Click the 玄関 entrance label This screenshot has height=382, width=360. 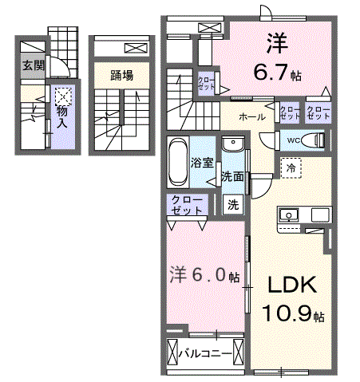33,65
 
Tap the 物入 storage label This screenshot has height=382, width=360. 63,117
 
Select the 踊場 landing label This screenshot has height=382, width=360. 122,76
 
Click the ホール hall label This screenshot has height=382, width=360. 252,116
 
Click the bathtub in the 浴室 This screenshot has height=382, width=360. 177,161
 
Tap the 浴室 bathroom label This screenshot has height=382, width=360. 202,163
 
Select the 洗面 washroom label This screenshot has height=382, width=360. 232,176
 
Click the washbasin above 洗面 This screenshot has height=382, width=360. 233,144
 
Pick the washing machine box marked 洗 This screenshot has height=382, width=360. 233,204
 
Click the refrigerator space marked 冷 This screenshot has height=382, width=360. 291,168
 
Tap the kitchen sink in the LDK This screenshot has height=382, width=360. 288,215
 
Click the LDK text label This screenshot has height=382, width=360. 292,285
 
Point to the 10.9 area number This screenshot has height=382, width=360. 287,313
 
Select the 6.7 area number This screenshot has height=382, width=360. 271,72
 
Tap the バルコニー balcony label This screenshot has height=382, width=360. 205,354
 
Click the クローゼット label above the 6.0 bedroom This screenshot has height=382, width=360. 187,205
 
